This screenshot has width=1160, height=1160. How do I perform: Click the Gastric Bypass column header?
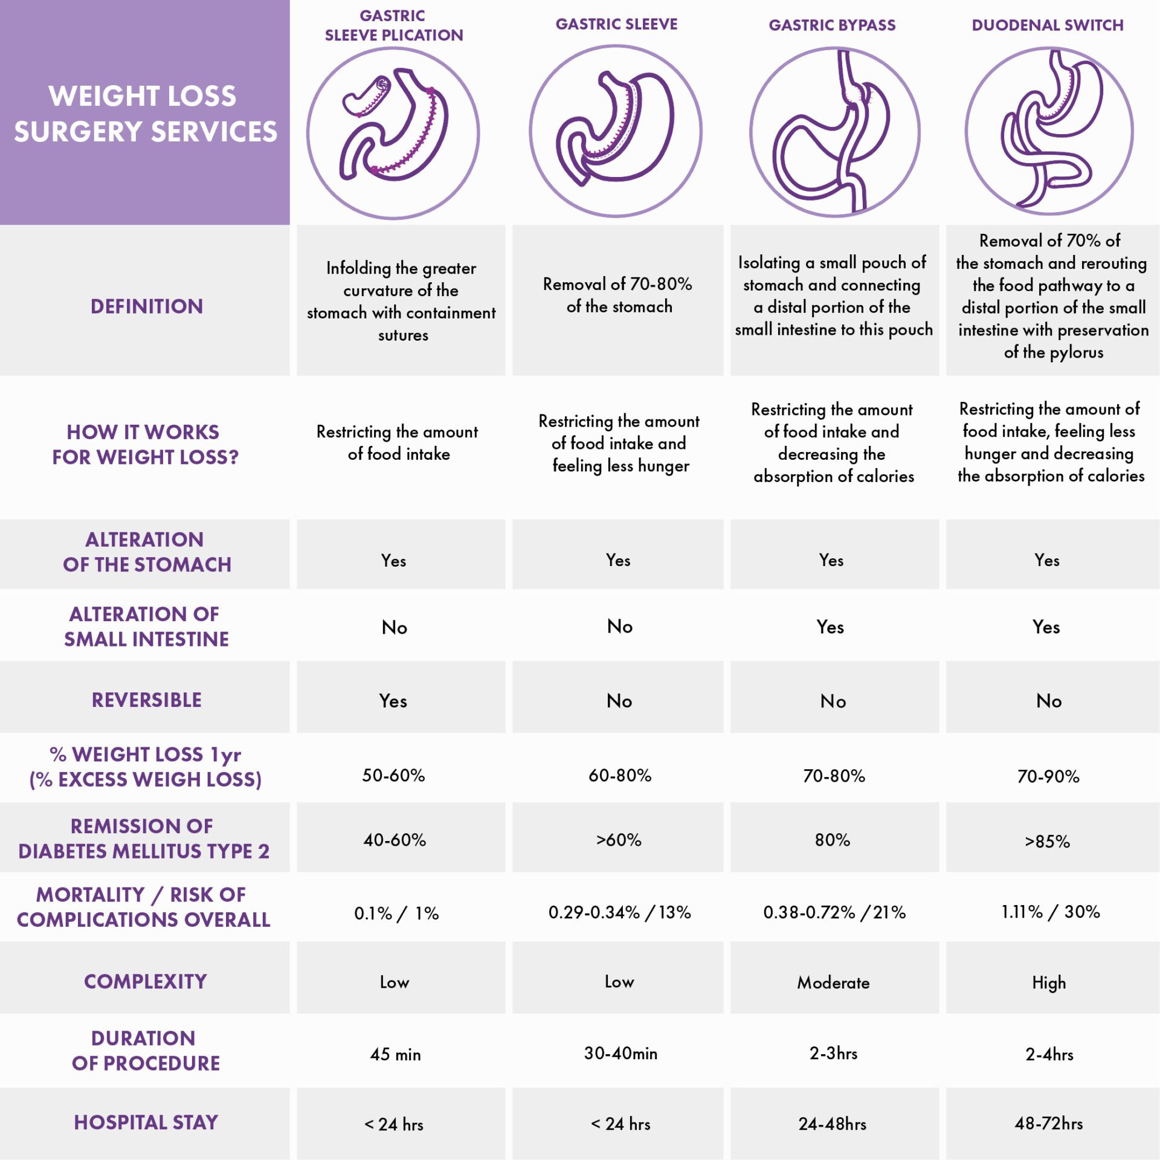(x=832, y=25)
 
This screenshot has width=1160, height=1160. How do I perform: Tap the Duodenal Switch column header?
(x=1047, y=25)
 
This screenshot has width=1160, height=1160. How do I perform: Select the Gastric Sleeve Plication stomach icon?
(x=393, y=133)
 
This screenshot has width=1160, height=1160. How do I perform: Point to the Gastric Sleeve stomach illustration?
(x=616, y=131)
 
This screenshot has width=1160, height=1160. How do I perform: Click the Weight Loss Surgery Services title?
(x=145, y=114)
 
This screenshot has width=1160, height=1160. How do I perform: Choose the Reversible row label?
(x=146, y=700)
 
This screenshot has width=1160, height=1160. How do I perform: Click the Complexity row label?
(x=146, y=981)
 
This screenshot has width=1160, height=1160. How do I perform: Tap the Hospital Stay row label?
(x=146, y=1122)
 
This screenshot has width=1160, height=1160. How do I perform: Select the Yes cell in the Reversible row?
(x=393, y=701)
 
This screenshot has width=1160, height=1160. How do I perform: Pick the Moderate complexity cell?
(x=833, y=982)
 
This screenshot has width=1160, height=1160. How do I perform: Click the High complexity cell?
(x=1049, y=982)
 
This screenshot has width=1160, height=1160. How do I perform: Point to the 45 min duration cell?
(x=395, y=1054)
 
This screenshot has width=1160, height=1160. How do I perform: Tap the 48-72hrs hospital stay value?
(x=1049, y=1123)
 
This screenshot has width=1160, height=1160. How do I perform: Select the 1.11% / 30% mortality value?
(x=1050, y=912)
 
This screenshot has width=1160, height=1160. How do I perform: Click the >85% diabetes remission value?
(x=1047, y=841)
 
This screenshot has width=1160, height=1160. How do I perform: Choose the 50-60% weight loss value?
(x=393, y=775)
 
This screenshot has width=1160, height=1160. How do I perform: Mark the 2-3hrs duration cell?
(x=833, y=1053)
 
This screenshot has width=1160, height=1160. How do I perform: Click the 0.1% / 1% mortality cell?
(x=396, y=913)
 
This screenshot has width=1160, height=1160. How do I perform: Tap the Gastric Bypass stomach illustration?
(x=834, y=132)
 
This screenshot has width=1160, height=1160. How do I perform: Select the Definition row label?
(x=146, y=306)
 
